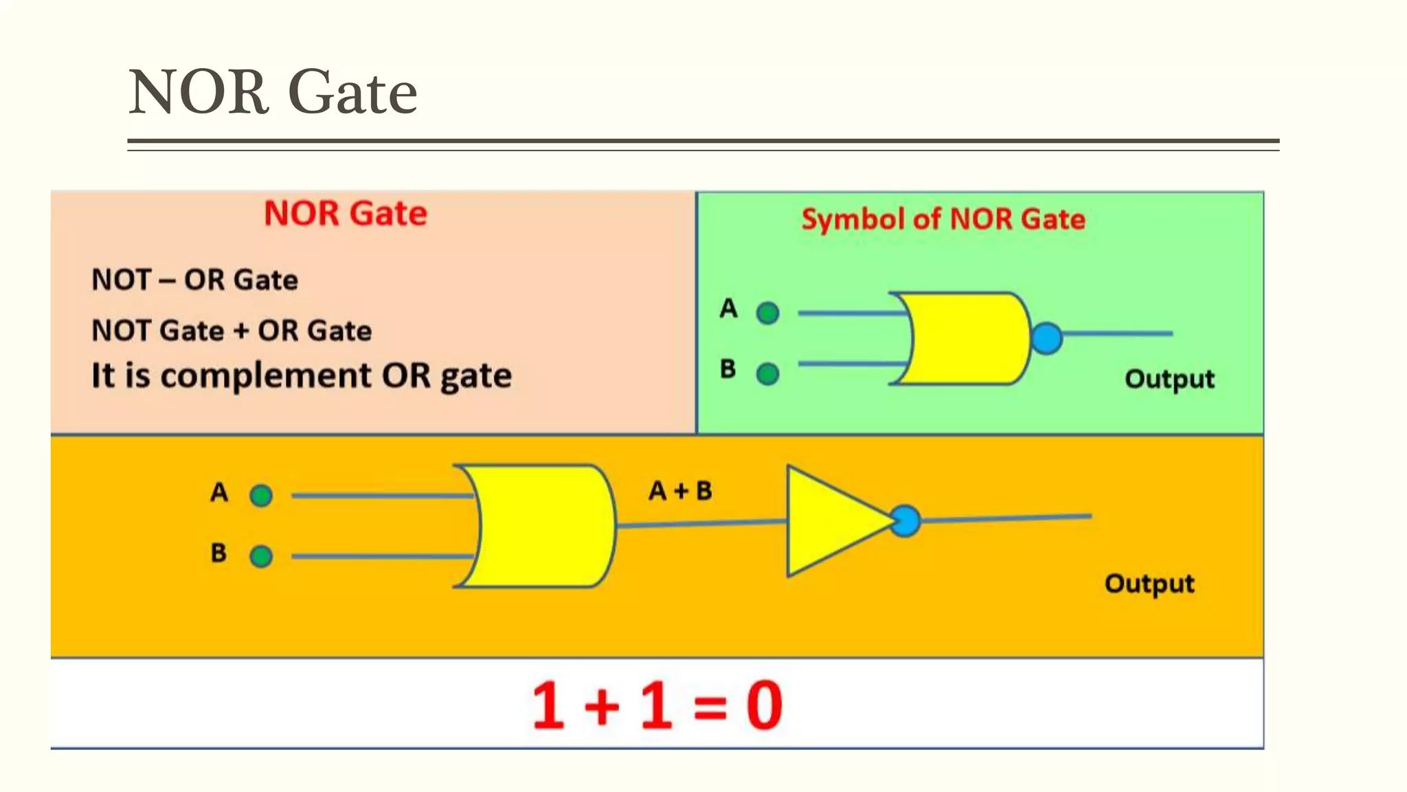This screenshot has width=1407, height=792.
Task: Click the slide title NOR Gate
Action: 273,92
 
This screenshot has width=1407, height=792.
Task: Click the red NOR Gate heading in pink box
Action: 346,213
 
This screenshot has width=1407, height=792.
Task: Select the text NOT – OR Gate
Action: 194,280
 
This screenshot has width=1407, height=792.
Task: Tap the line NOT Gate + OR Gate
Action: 232,331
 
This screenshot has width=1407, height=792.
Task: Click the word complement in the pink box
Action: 268,376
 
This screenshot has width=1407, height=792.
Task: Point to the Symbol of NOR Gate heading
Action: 943,219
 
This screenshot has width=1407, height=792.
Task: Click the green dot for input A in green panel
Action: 767,313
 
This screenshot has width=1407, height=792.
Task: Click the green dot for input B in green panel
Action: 767,374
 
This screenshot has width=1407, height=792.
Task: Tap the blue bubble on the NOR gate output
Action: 1046,338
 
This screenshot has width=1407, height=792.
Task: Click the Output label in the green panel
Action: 1169,379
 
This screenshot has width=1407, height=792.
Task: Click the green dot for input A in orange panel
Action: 261,495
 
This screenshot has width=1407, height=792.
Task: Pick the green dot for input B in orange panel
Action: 261,555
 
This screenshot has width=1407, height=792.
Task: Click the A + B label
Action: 680,491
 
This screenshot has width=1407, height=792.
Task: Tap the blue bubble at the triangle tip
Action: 905,521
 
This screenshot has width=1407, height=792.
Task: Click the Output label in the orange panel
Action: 1149,584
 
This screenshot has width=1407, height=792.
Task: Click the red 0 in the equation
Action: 764,705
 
